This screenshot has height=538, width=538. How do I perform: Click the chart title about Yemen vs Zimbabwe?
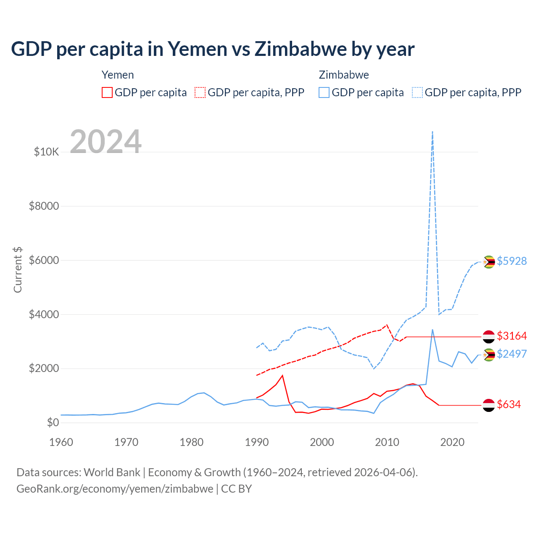[x=213, y=49]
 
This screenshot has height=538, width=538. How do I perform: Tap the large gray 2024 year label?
[x=105, y=142]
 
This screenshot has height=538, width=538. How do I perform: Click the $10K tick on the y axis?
[x=46, y=152]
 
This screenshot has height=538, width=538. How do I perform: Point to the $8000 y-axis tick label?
[x=44, y=206]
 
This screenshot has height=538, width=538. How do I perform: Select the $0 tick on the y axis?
[x=53, y=422]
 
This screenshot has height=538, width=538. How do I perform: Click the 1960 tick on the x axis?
[x=61, y=442]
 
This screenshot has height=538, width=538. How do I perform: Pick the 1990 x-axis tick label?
[x=256, y=442]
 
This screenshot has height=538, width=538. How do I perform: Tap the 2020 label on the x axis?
[x=452, y=442]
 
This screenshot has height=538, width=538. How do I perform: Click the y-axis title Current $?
[x=18, y=269]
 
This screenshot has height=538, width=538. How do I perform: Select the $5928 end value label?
[x=512, y=261]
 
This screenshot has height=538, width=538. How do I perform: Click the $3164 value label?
[x=512, y=336]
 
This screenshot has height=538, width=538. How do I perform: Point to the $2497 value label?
[x=512, y=354]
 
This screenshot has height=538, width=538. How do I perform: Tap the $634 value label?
[x=509, y=404]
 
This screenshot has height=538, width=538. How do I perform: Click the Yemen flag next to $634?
[x=488, y=405]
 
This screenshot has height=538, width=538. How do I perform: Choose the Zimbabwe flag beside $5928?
[x=488, y=262]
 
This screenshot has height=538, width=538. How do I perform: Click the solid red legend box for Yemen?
[x=107, y=92]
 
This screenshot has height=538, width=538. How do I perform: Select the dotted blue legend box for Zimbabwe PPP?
[x=417, y=92]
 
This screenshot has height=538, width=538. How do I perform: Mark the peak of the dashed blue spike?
[x=433, y=132]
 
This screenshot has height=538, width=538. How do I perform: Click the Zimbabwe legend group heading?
[x=344, y=75]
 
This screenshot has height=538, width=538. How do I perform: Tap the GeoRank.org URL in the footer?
[x=115, y=489]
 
